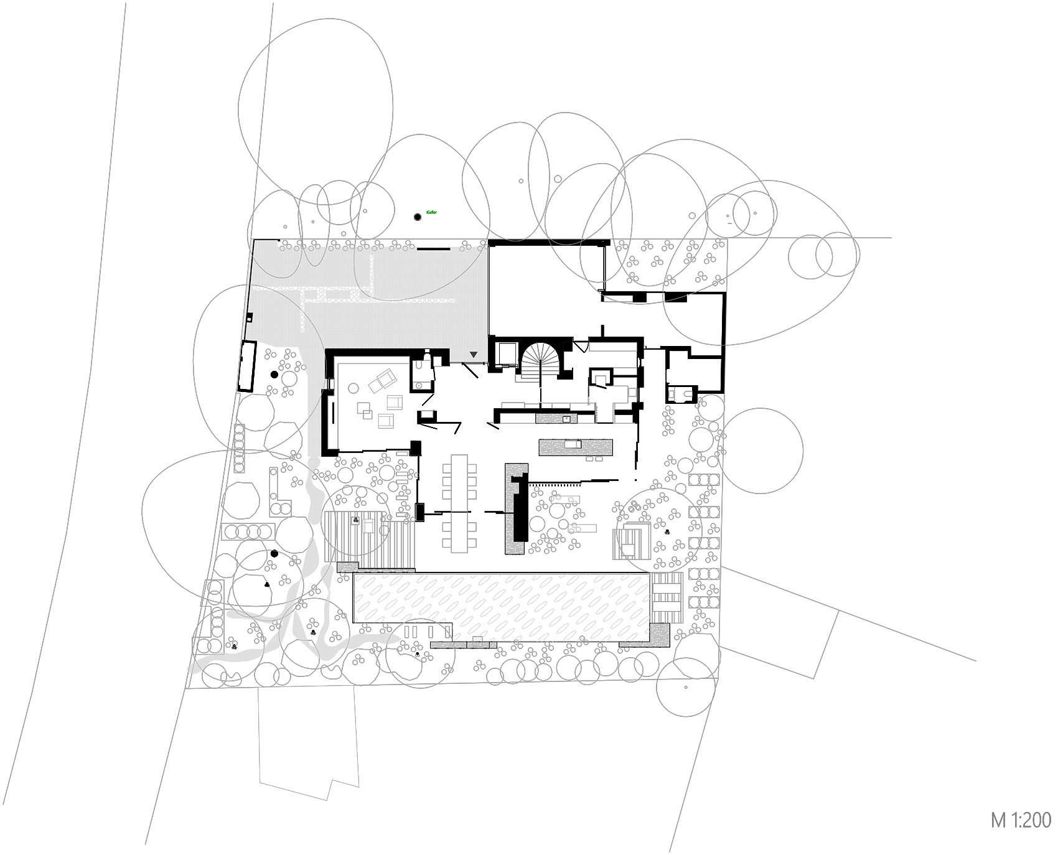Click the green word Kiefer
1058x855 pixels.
coord(431,213)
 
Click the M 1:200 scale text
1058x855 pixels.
coord(1021,820)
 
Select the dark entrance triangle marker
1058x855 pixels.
coord(474,355)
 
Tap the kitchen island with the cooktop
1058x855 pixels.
coord(576,446)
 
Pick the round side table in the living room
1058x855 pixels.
coord(353,388)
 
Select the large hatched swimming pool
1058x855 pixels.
coord(501,607)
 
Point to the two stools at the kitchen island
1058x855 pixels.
coord(594,459)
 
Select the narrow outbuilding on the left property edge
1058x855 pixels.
coord(247,366)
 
